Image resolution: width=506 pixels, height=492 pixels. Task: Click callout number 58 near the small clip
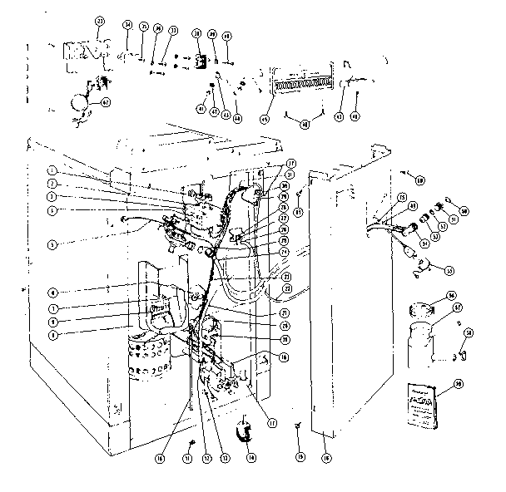469,332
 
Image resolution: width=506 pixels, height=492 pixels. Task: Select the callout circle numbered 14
251,456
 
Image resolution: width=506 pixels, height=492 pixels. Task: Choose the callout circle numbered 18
325,456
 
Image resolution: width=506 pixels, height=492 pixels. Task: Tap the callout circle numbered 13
222,456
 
